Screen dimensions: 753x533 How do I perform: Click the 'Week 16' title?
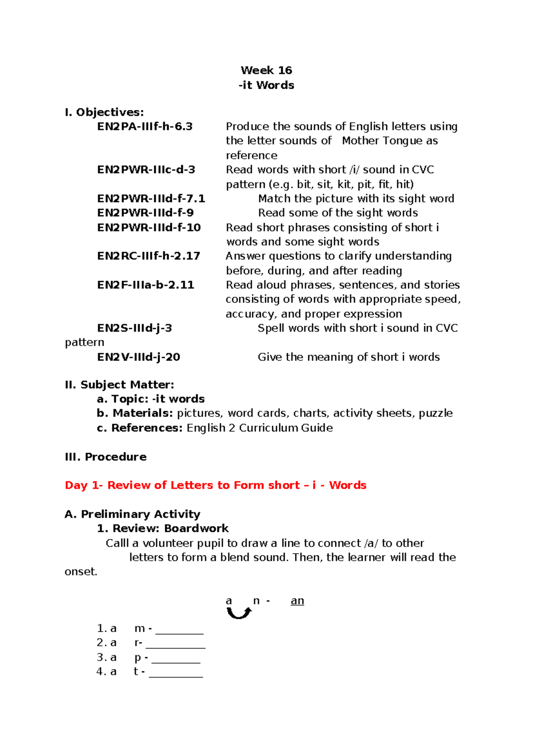click(x=266, y=70)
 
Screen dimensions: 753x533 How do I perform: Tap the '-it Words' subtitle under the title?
click(x=266, y=85)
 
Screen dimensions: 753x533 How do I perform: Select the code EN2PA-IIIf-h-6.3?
click(x=145, y=127)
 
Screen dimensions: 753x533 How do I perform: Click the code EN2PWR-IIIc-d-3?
click(x=146, y=170)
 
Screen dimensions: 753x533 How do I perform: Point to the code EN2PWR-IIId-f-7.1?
click(x=151, y=198)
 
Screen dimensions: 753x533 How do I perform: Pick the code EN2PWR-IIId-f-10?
click(x=149, y=227)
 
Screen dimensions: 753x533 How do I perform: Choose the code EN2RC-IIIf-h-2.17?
click(x=148, y=256)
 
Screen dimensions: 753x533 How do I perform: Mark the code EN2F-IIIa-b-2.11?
click(x=146, y=285)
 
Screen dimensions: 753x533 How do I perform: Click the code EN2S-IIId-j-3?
click(x=134, y=328)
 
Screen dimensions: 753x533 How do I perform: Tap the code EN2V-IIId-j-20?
click(x=139, y=357)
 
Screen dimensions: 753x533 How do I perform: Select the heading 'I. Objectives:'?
click(x=104, y=112)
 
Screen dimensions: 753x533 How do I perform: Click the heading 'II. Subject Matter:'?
click(x=119, y=384)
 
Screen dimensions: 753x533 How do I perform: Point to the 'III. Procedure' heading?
click(x=105, y=457)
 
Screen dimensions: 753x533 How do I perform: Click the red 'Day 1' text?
click(x=83, y=485)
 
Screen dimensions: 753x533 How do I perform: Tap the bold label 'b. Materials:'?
click(x=135, y=413)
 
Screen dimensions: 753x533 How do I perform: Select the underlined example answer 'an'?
click(x=297, y=601)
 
